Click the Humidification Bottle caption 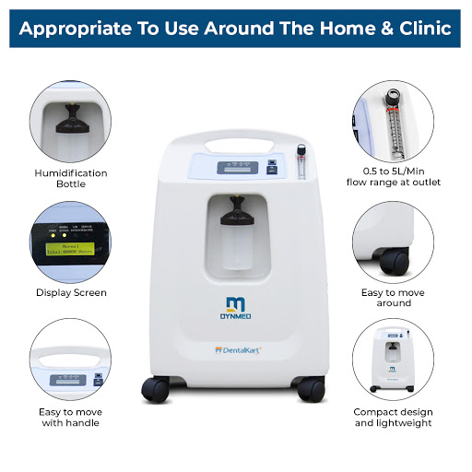pyautogui.click(x=71, y=178)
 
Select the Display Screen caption pyautogui.click(x=71, y=292)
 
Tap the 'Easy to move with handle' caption pyautogui.click(x=71, y=417)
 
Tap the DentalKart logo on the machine pyautogui.click(x=236, y=350)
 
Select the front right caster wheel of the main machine pyautogui.click(x=313, y=388)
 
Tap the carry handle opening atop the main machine pyautogui.click(x=236, y=145)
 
